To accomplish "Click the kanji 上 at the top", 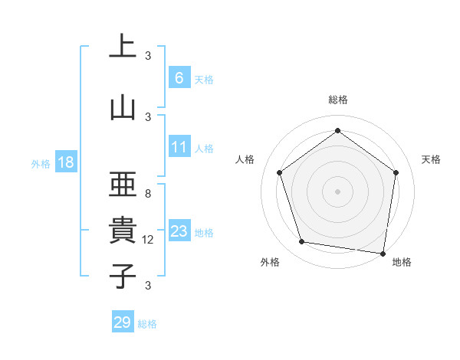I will [x=123, y=47].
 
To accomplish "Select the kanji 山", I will [x=123, y=107].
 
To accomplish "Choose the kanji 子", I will [x=123, y=276].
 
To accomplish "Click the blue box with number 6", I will [x=179, y=78].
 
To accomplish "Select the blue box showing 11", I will [x=179, y=147].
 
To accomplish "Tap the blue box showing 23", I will [x=179, y=231].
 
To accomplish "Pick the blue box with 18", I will [x=65, y=162].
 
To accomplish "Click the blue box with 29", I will [x=123, y=322].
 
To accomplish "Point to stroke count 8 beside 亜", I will [x=148, y=194].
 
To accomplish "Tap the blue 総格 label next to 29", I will [x=147, y=324].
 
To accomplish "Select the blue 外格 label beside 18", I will [x=40, y=163].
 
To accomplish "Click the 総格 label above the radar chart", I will [x=337, y=100].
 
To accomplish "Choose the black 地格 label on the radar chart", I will [x=402, y=262].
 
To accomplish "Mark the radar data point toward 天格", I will [x=396, y=172].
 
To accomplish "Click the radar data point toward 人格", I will [x=280, y=172].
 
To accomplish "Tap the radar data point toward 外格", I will [x=302, y=242].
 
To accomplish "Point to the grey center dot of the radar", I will [x=337, y=191].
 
